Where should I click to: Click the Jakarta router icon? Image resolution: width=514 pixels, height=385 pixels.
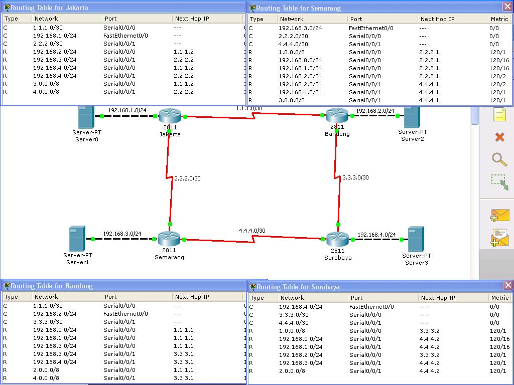(x=170, y=116)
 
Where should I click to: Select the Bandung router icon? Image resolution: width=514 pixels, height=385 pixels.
(x=337, y=115)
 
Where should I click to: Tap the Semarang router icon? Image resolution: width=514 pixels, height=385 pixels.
(x=169, y=239)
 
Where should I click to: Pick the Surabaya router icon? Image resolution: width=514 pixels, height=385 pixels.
(x=338, y=239)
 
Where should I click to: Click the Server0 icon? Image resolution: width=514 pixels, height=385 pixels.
(x=86, y=117)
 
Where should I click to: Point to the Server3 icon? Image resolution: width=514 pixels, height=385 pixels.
(x=416, y=239)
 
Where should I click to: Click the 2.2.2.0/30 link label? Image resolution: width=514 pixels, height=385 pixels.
(x=188, y=178)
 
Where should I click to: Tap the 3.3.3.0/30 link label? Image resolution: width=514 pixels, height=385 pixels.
(x=356, y=177)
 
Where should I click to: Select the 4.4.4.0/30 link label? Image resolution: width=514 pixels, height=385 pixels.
(x=252, y=231)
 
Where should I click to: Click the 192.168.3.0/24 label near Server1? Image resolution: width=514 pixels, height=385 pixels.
(x=122, y=234)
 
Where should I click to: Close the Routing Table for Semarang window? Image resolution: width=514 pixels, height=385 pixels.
(x=507, y=7)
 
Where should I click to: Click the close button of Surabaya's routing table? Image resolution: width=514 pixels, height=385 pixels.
(x=508, y=285)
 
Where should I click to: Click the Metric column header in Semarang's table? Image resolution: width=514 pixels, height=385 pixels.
(x=499, y=19)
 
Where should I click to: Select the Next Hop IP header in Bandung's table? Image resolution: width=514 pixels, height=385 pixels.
(x=192, y=297)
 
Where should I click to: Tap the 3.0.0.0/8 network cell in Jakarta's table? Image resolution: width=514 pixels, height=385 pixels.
(x=46, y=84)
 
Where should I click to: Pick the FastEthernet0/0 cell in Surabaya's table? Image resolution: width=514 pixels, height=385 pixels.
(x=372, y=307)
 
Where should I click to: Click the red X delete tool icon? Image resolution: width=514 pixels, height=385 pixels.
(x=499, y=137)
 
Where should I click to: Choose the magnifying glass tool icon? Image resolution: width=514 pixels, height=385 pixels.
(x=499, y=159)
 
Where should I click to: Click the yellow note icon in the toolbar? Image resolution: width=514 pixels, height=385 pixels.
(x=499, y=115)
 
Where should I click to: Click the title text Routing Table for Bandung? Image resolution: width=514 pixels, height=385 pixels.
(x=52, y=286)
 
